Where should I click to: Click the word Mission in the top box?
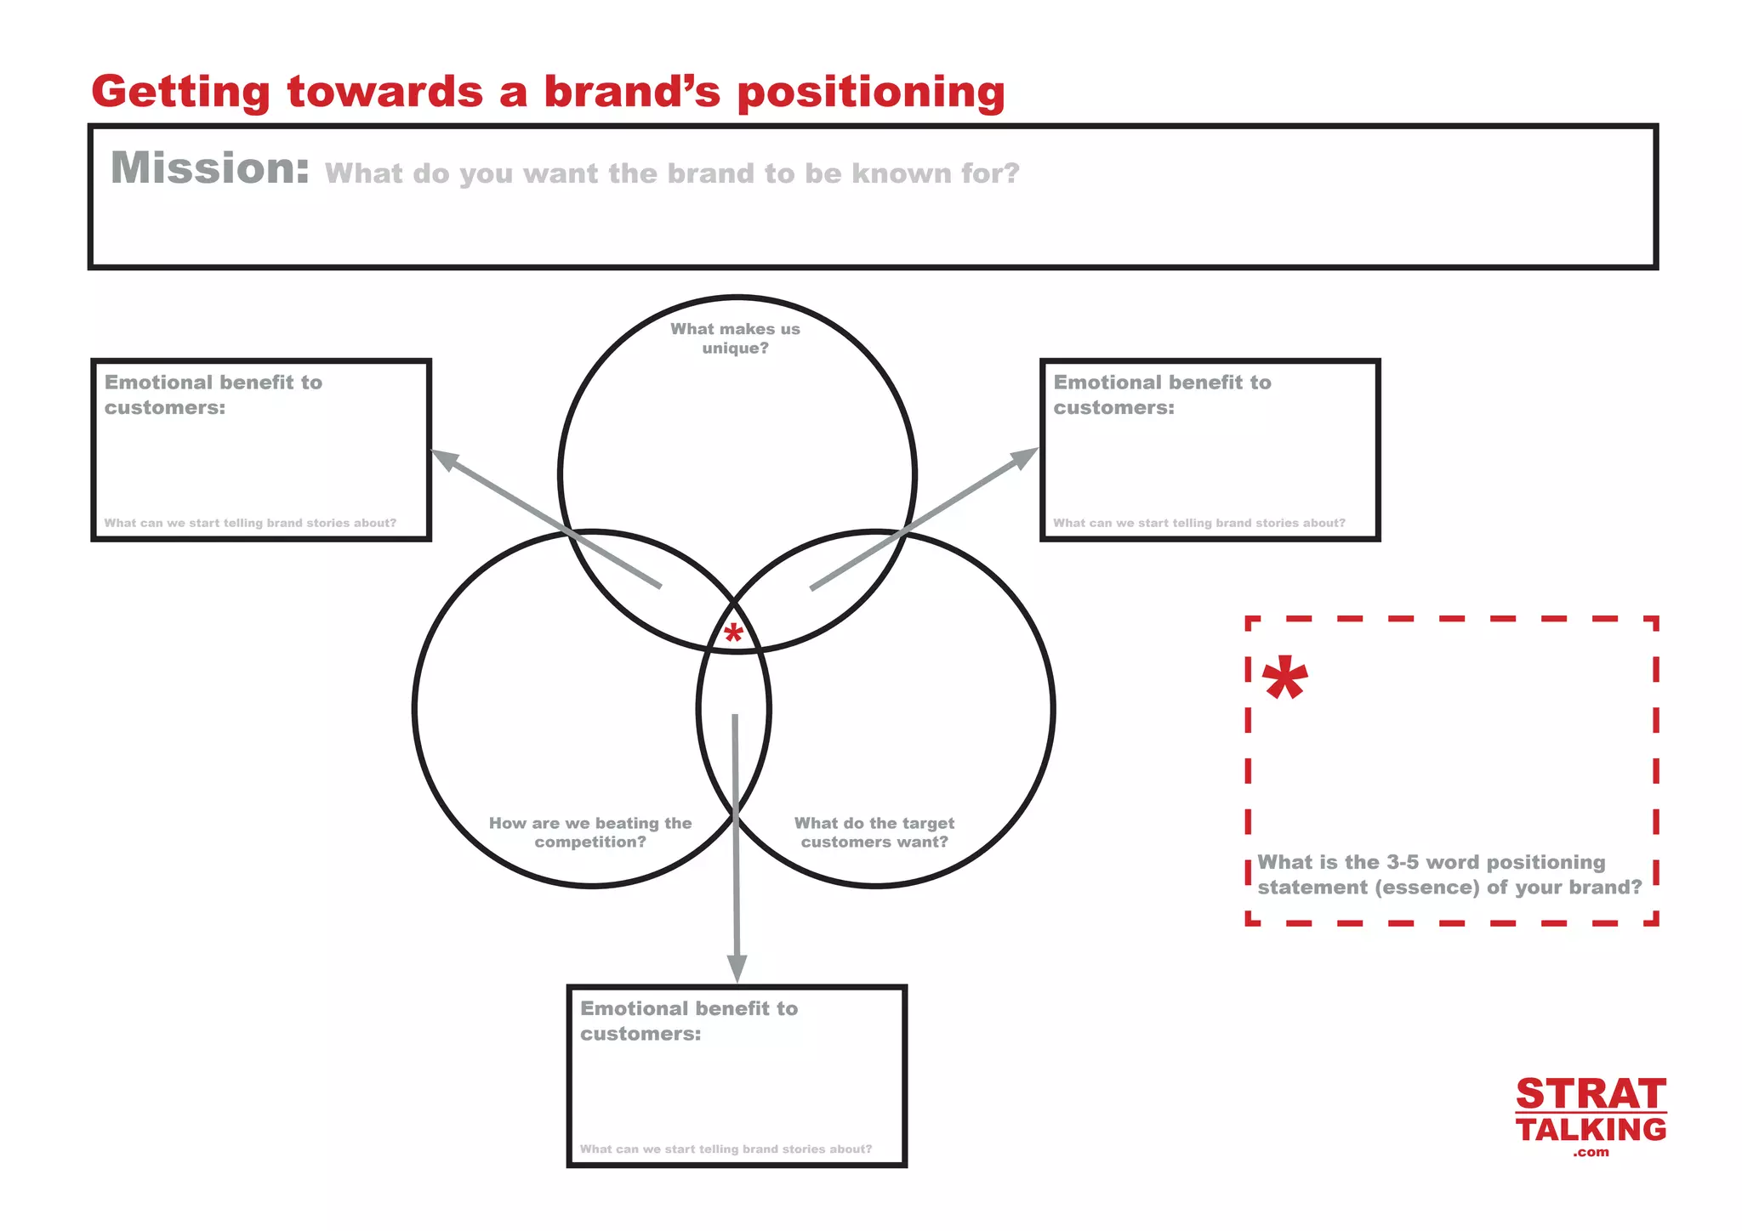point(209,167)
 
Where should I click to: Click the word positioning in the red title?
point(871,92)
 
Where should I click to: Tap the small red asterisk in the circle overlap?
point(733,633)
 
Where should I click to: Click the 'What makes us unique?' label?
point(735,338)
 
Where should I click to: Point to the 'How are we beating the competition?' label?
point(590,832)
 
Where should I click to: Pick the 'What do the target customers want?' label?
point(874,832)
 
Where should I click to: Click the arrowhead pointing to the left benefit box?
point(445,459)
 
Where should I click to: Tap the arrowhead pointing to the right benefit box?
point(1024,457)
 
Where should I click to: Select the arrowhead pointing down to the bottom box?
point(737,967)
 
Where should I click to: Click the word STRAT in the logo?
point(1591,1094)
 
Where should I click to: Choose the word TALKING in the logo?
point(1591,1130)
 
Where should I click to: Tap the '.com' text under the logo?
point(1591,1153)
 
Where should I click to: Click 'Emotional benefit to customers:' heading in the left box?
point(213,394)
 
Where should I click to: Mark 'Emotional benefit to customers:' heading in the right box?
point(1162,394)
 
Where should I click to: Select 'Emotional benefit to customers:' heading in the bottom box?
point(689,1020)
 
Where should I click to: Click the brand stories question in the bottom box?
point(726,1149)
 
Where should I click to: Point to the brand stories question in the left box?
point(250,524)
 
